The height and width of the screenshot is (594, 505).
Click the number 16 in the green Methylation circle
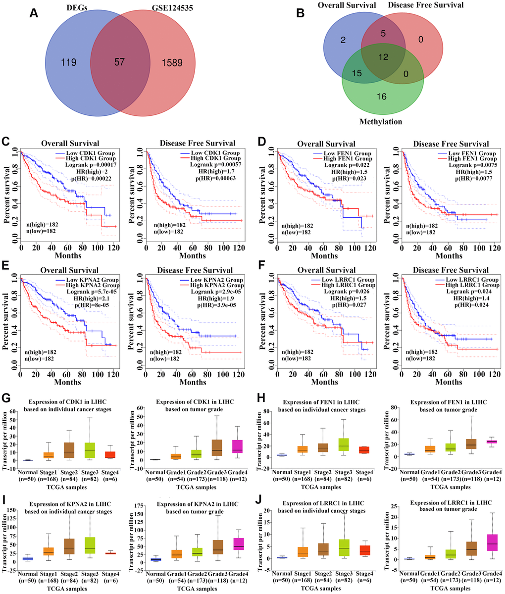click(x=382, y=97)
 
